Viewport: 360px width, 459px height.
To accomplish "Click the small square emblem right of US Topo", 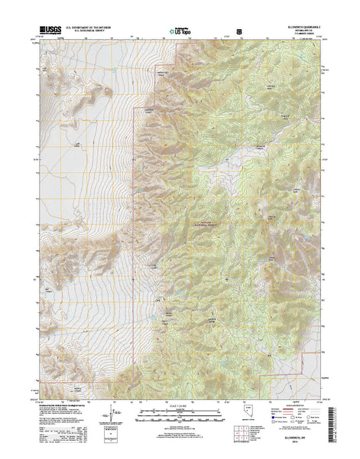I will (x=240, y=31).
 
